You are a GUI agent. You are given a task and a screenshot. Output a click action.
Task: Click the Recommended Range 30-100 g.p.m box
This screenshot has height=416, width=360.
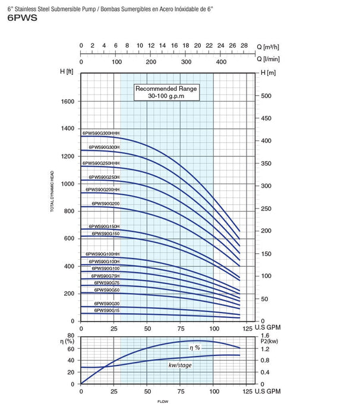pyautogui.click(x=166, y=92)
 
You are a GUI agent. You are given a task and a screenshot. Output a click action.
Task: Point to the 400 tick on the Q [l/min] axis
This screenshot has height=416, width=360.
pyautogui.click(x=221, y=61)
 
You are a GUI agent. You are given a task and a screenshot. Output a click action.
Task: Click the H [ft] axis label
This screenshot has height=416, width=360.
pyautogui.click(x=66, y=72)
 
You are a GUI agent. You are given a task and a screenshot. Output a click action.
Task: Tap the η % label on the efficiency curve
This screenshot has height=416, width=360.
pyautogui.click(x=195, y=348)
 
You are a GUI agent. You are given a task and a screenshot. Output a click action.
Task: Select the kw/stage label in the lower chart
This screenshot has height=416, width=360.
pyautogui.click(x=179, y=365)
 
